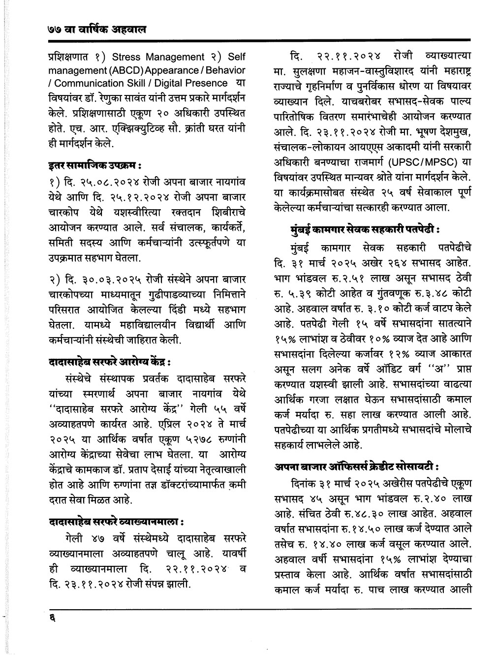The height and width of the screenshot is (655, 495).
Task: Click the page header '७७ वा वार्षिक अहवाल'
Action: pos(93,30)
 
